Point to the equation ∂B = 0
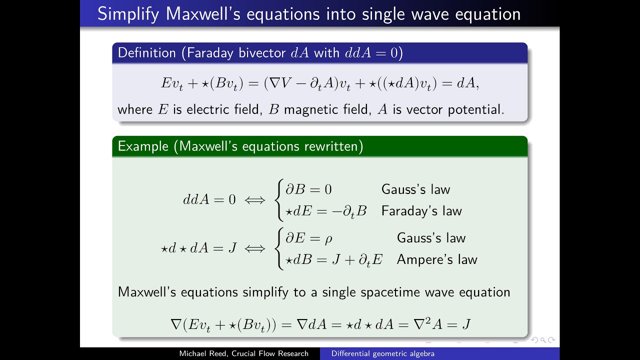pos(308,189)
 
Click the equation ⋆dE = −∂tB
pos(326,211)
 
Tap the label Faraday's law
pos(421,211)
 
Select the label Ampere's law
pos(437,259)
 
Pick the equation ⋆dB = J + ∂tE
pos(333,260)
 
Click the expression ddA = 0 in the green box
pos(209,200)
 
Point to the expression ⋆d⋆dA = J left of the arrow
pos(198,248)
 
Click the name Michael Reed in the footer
pos(202,353)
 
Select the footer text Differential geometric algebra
pos(383,353)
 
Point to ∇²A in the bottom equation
pos(426,324)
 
